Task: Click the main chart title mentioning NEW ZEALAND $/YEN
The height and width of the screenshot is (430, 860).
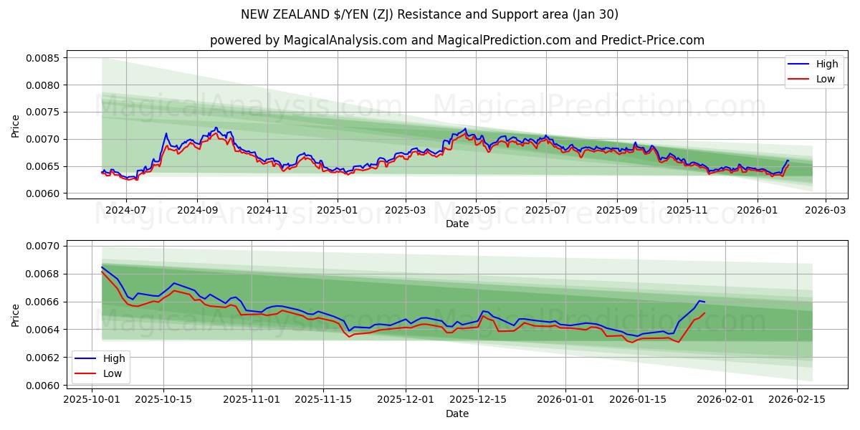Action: [x=429, y=14]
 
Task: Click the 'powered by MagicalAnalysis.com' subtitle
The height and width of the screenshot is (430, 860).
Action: [x=457, y=40]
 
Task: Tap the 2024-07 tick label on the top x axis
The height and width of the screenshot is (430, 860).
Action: [x=126, y=211]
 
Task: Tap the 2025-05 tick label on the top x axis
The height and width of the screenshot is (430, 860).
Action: [x=476, y=211]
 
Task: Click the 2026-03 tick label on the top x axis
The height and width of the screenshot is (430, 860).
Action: [x=826, y=211]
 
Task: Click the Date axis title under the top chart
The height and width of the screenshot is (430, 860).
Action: [x=457, y=224]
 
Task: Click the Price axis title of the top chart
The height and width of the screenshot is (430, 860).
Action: [x=16, y=125]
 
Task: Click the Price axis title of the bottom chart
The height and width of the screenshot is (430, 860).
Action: [x=16, y=316]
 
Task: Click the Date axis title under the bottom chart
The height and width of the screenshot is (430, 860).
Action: [x=457, y=414]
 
